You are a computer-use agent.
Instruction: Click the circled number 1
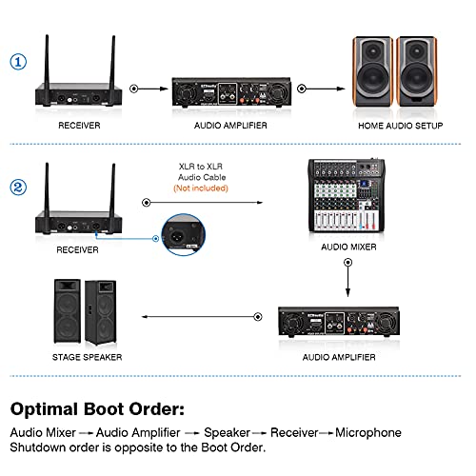coord(18,62)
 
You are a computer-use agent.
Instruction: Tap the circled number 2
coord(18,188)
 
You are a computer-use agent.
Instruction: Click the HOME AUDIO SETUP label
coord(401,126)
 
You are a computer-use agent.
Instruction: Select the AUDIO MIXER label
coord(348,247)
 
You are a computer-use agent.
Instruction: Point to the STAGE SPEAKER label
coord(87,357)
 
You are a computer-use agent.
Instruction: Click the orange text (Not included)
coord(201,188)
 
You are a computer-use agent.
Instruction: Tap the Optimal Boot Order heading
coord(97,408)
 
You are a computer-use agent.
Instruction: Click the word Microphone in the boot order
coord(368,432)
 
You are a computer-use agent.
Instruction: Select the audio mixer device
coord(347,195)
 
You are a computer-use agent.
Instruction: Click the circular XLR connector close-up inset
coord(184,235)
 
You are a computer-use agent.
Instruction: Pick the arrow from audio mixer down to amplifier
coord(348,278)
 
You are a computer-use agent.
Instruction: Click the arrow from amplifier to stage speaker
coord(202,317)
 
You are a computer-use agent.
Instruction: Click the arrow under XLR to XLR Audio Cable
coord(203,202)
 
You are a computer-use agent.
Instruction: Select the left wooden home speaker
coord(373,71)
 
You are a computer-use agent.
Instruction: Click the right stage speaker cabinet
coord(101,312)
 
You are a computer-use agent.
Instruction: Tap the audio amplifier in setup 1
coord(231,91)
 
